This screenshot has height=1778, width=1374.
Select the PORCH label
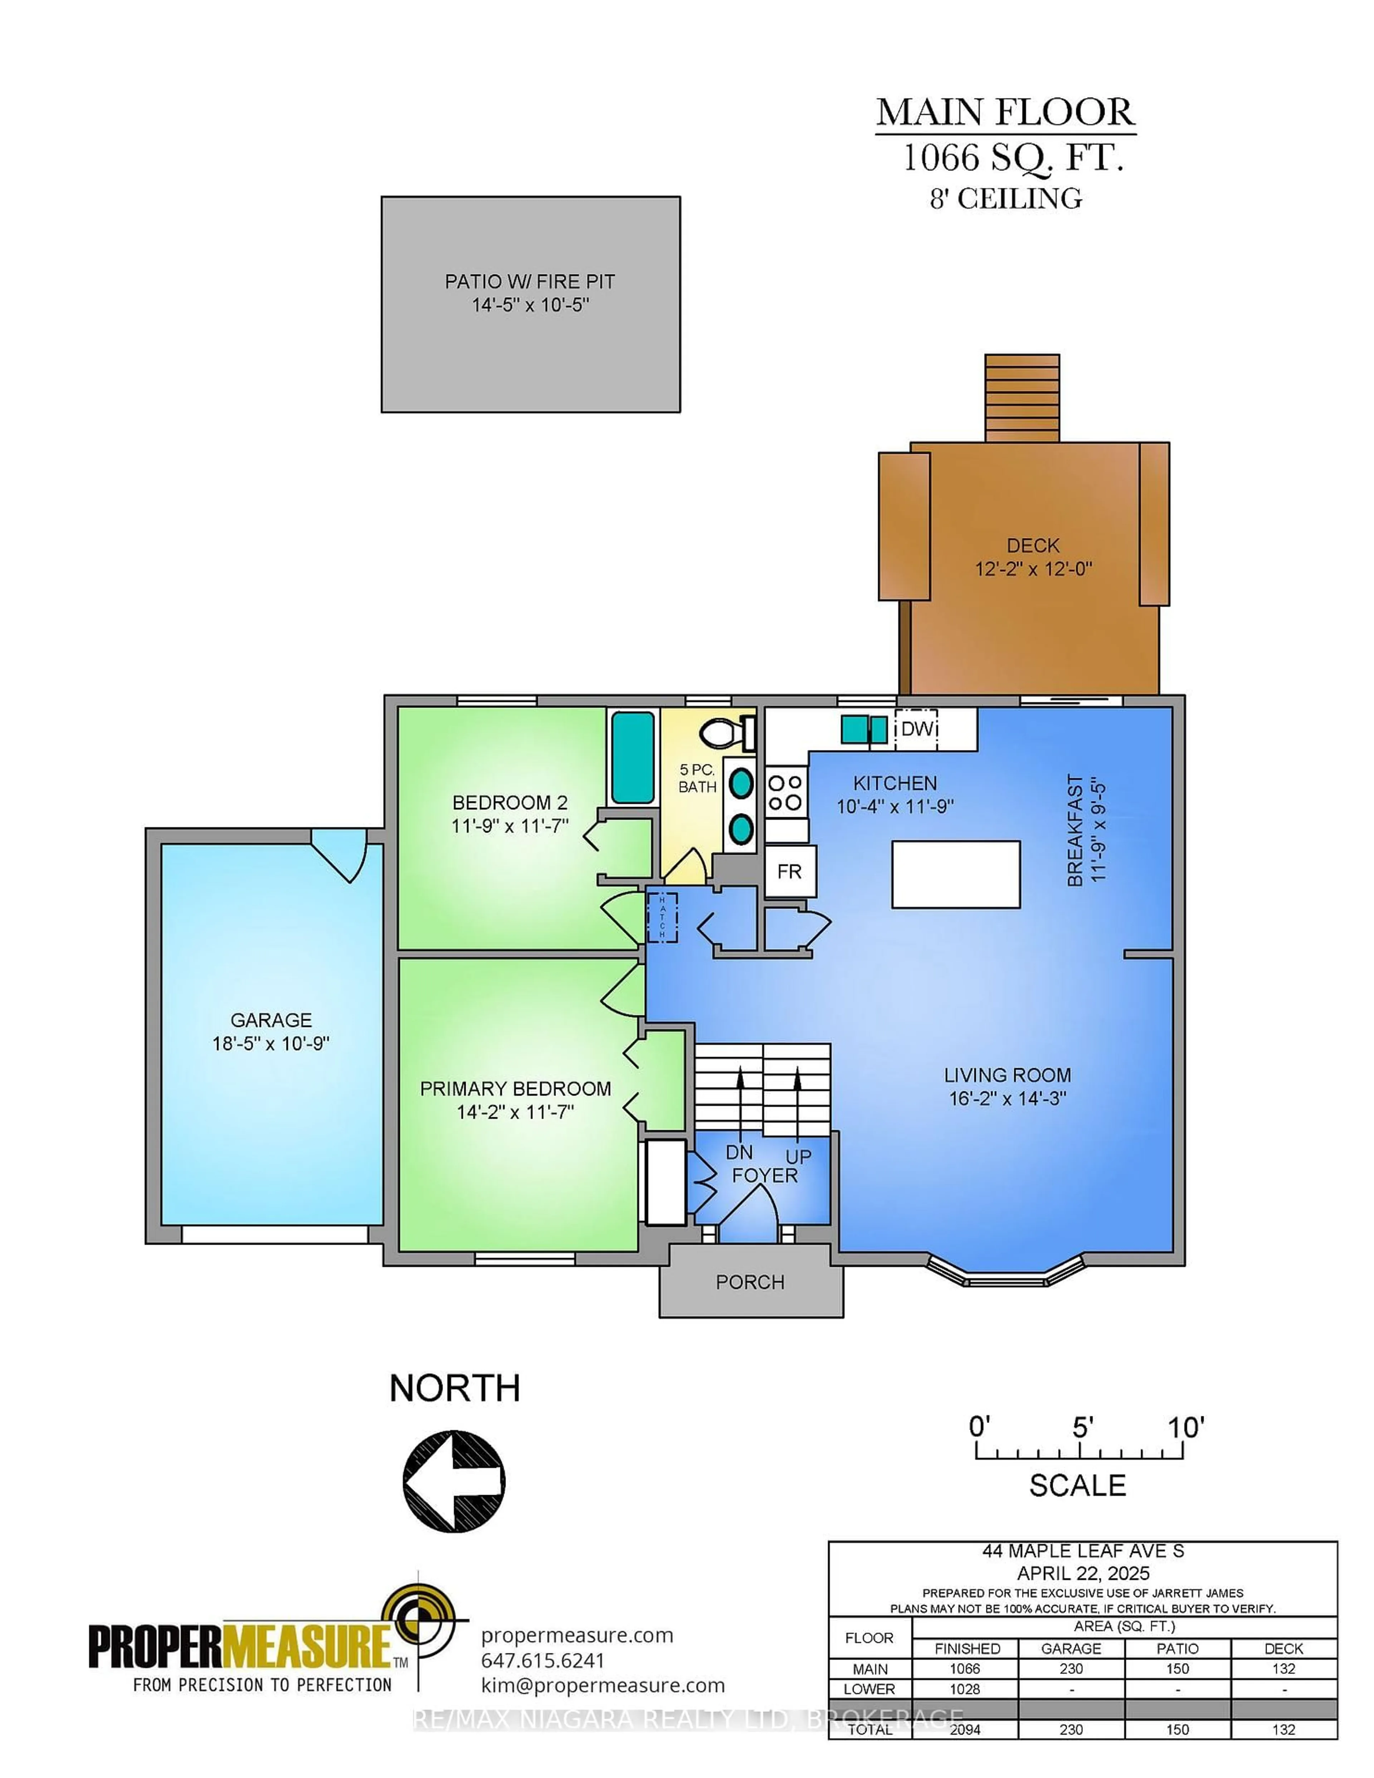click(x=750, y=1282)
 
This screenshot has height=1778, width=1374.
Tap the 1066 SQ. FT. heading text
click(x=1013, y=158)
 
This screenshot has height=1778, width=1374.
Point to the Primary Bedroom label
click(x=515, y=1088)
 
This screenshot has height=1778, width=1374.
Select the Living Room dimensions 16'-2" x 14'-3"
click(x=1008, y=1098)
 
